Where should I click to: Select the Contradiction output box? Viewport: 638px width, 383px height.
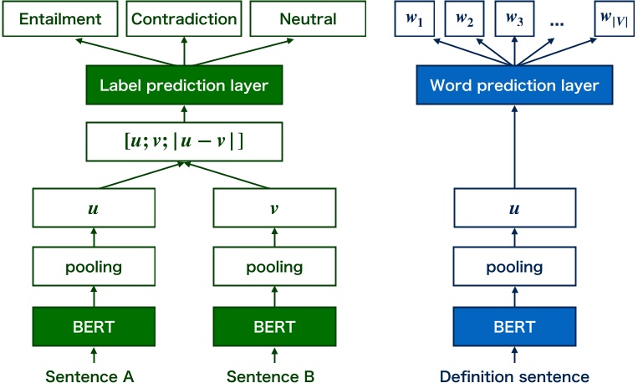pyautogui.click(x=183, y=18)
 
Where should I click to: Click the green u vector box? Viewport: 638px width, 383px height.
pyautogui.click(x=94, y=207)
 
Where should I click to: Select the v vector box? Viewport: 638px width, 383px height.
pyautogui.click(x=274, y=207)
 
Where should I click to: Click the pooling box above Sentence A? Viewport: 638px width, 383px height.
pyautogui.click(x=94, y=268)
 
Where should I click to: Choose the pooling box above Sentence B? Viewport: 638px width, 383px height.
pyautogui.click(x=274, y=268)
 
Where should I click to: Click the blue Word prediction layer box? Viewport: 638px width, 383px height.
pyautogui.click(x=514, y=85)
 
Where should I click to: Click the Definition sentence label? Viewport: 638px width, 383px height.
pyautogui.click(x=514, y=376)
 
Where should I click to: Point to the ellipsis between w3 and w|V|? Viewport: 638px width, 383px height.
pyautogui.click(x=559, y=22)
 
